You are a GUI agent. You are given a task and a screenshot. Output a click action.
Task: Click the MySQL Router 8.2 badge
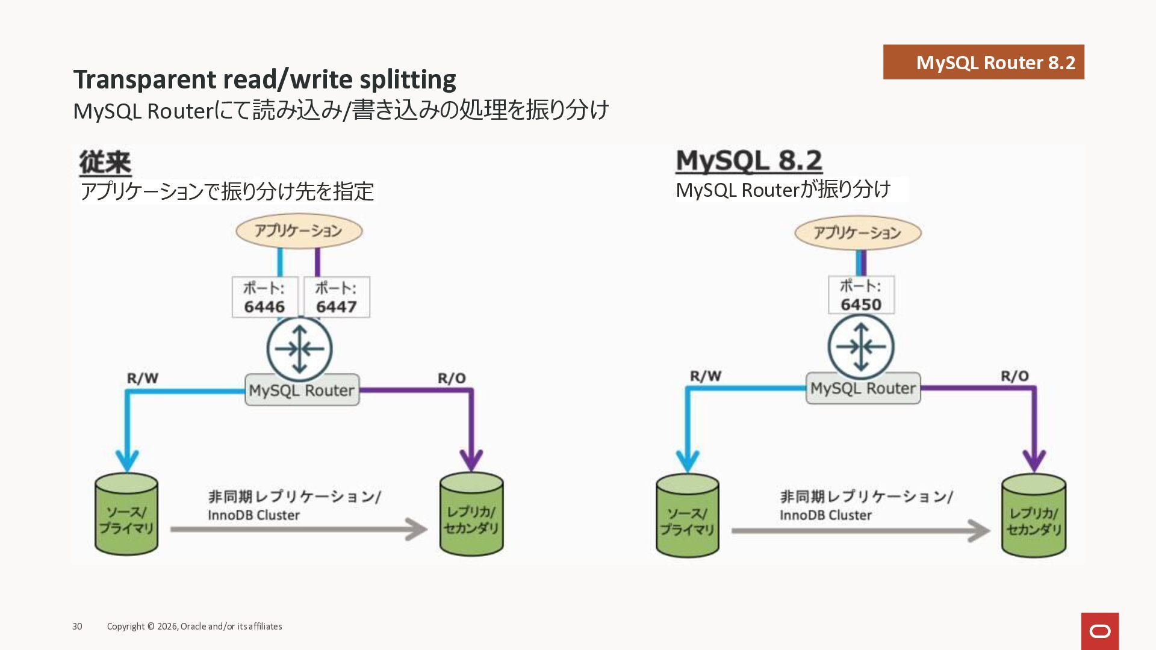(983, 62)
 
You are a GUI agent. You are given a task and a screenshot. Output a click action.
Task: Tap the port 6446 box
(264, 297)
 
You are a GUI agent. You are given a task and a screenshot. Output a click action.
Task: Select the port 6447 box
(337, 297)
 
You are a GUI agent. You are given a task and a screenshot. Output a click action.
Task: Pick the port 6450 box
(861, 295)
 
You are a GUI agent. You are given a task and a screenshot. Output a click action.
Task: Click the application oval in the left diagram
(299, 231)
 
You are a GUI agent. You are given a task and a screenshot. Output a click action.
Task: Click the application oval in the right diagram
(857, 233)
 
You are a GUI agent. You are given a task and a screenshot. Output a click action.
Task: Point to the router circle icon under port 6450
(861, 347)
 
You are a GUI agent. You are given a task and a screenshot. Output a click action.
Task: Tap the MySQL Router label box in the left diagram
(302, 390)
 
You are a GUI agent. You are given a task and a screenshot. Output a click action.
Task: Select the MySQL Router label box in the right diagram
(863, 388)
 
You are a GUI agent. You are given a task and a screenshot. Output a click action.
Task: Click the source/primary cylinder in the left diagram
(126, 515)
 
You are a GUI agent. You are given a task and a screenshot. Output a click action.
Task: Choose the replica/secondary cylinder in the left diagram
(471, 515)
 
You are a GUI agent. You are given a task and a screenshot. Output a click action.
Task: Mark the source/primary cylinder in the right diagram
(687, 516)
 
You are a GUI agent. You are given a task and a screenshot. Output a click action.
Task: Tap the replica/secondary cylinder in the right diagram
(1034, 516)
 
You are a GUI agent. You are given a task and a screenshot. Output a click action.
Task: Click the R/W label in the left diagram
(143, 379)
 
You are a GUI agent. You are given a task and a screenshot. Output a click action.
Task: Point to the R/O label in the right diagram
(1015, 376)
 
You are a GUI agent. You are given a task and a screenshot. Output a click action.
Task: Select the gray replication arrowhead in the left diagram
(417, 530)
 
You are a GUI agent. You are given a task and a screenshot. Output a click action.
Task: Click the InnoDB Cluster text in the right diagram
(825, 515)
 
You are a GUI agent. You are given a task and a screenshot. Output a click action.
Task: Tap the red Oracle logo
(1100, 631)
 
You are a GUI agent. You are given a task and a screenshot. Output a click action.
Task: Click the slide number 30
(77, 627)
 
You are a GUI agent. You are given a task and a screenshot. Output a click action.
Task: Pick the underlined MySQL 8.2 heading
(749, 161)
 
